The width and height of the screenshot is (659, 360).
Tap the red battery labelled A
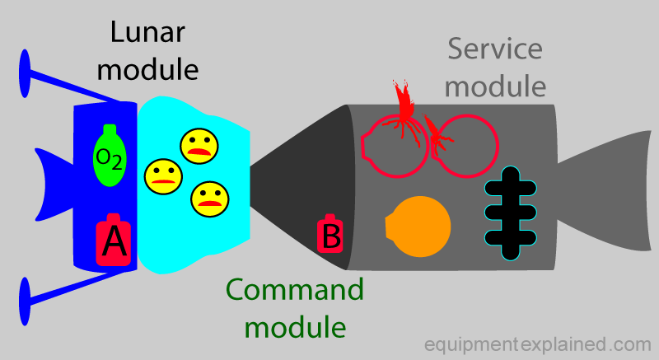point(114,240)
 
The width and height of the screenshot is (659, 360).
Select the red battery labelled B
point(330,234)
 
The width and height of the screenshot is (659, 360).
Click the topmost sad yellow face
point(199,146)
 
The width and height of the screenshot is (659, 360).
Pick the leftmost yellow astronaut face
point(163,176)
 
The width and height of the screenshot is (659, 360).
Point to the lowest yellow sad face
point(210,199)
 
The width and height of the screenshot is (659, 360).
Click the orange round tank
point(418,227)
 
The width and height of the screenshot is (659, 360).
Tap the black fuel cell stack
point(511,213)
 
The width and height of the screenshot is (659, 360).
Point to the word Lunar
point(147,32)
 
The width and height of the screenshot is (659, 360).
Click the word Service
point(495,49)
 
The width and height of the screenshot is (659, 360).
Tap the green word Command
point(295,290)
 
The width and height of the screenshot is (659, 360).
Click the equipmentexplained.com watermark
point(538,344)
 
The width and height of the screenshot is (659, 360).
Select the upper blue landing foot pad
point(25,73)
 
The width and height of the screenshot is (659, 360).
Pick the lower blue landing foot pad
point(25,302)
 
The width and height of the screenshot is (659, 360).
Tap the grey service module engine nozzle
point(605,191)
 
